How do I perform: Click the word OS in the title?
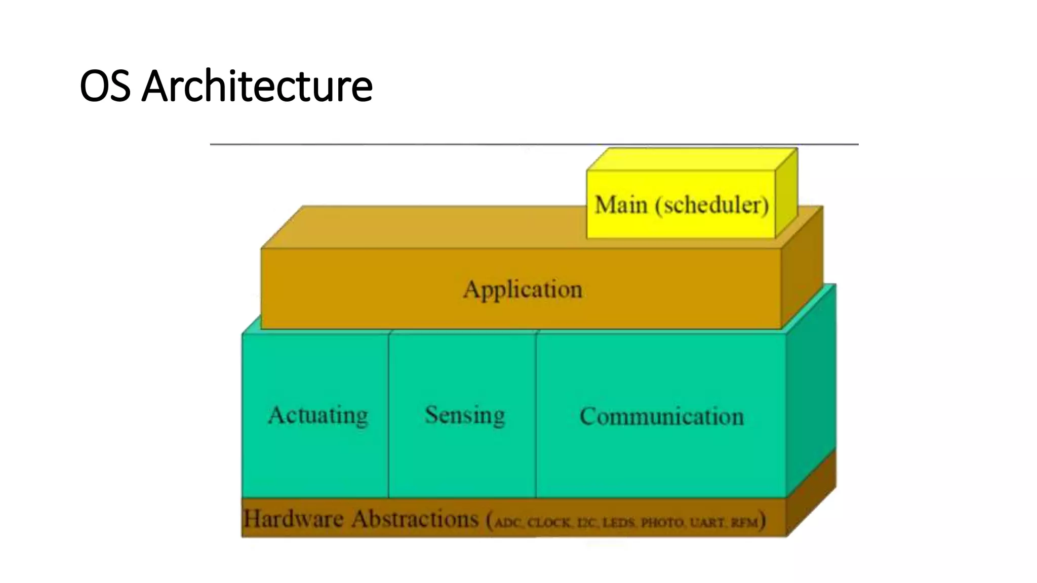click(x=104, y=86)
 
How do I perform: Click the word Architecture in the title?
click(x=257, y=86)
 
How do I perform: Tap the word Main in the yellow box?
click(x=621, y=205)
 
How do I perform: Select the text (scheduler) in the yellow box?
click(x=712, y=205)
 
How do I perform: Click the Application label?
click(x=523, y=290)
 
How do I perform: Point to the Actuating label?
click(x=318, y=415)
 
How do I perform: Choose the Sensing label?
click(x=465, y=415)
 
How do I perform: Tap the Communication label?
click(x=661, y=417)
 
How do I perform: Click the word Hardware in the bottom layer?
click(x=293, y=519)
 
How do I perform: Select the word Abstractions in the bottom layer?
click(x=415, y=519)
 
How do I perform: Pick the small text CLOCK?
click(x=549, y=522)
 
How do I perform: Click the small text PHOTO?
click(x=662, y=522)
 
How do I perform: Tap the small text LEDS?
click(x=619, y=522)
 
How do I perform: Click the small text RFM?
click(x=744, y=522)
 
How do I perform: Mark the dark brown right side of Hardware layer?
click(x=811, y=493)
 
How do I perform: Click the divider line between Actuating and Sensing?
click(x=389, y=415)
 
